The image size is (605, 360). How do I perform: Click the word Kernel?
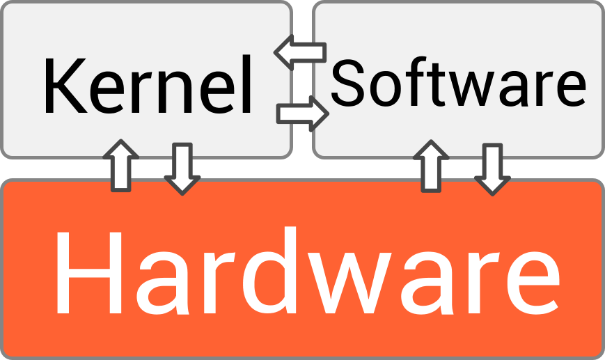pos(148,85)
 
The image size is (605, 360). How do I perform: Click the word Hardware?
pos(308,270)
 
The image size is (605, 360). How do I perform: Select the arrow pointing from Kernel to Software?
pos(302,114)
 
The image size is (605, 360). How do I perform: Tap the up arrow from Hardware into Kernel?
pos(120,166)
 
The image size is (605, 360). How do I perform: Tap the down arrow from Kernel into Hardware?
pos(182,169)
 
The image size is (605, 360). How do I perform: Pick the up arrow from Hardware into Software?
pos(431,166)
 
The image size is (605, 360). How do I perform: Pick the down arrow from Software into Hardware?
pos(492,169)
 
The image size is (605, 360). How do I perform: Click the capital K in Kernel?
pos(65,86)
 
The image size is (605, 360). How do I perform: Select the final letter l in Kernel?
pos(247,84)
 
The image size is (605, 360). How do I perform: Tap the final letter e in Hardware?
pos(533,283)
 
